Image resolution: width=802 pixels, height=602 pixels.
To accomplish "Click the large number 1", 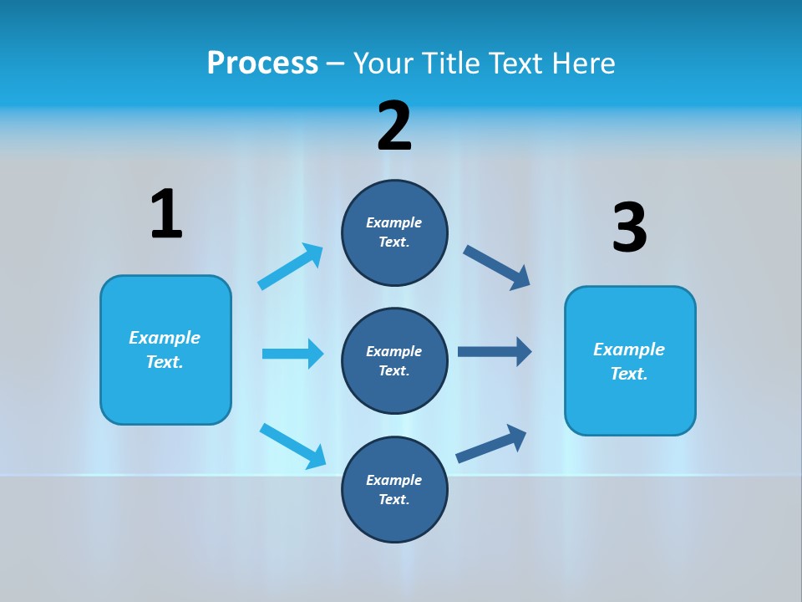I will point(166,214).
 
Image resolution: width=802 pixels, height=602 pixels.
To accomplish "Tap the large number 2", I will point(394,126).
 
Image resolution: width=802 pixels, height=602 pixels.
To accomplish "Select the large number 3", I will point(630,227).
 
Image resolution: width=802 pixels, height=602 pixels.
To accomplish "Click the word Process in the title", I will point(262,63).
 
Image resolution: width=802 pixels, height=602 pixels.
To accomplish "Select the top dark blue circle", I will point(394,232).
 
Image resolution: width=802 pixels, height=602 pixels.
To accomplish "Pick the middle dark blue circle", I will point(394,360).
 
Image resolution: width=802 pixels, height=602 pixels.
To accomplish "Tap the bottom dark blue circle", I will point(394,489).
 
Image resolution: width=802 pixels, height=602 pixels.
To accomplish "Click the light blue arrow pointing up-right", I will point(290,267).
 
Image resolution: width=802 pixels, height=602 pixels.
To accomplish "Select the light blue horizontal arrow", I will point(292,354).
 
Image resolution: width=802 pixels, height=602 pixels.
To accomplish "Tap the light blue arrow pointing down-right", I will point(292,445).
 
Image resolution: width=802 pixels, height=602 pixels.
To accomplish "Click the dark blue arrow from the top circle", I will point(496,268).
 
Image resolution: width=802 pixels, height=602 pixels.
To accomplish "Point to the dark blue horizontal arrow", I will point(494,352).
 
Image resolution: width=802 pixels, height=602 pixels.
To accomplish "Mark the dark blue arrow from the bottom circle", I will point(491,443).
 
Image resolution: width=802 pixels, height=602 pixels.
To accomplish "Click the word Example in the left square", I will point(165,338).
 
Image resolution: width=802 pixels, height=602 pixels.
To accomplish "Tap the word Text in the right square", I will point(627,374).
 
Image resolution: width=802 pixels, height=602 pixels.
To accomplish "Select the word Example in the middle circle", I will point(393,351).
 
